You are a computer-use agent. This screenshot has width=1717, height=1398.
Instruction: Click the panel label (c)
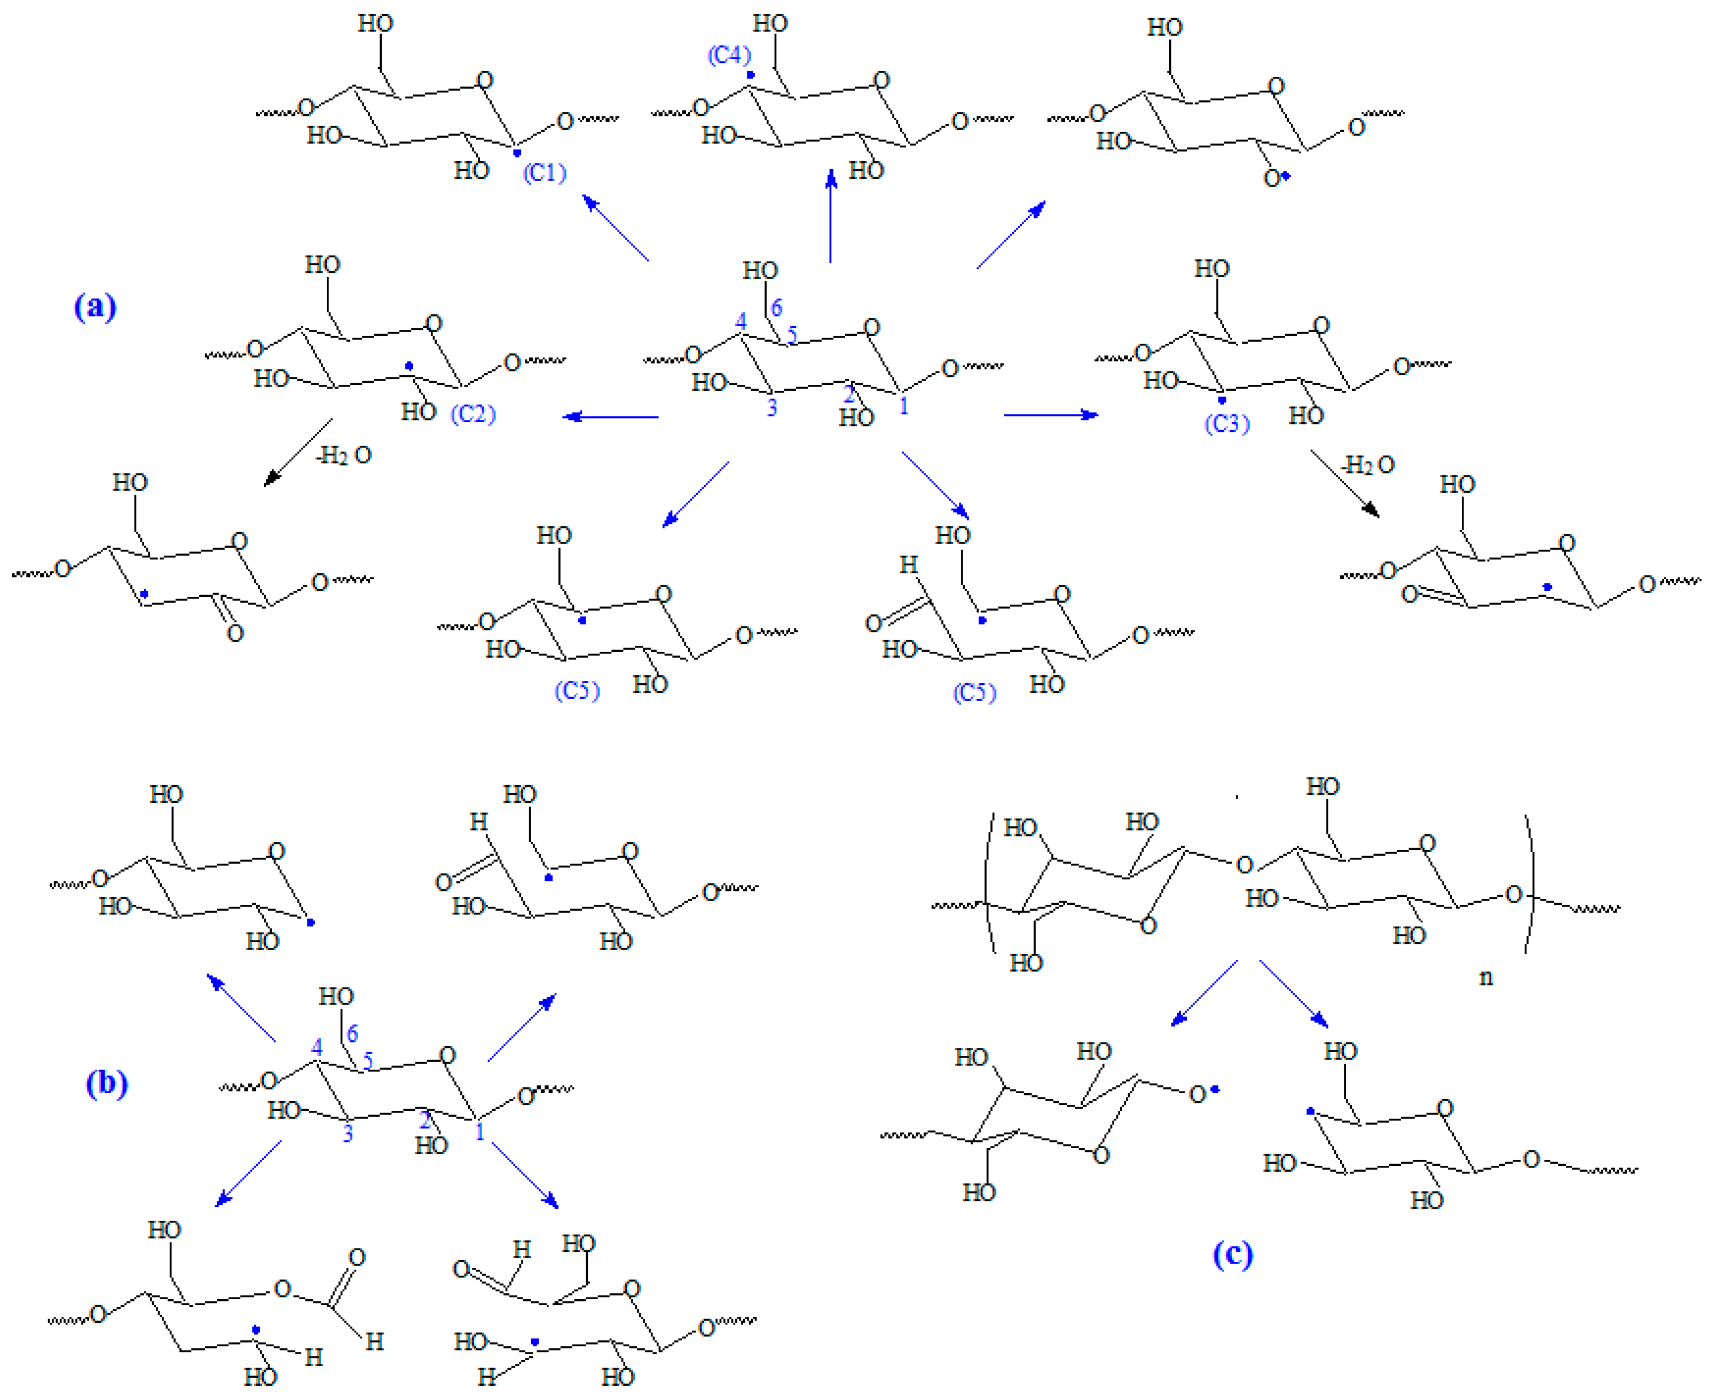coord(1232,1254)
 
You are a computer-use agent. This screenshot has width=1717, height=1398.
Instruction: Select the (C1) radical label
coord(545,172)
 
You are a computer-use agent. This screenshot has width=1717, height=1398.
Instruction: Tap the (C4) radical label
coord(729,55)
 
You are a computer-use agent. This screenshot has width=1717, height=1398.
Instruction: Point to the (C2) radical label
coord(472,414)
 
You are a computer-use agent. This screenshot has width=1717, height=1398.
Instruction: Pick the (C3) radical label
coord(1226,424)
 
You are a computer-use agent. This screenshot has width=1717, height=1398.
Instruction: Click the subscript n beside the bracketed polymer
coord(1486,977)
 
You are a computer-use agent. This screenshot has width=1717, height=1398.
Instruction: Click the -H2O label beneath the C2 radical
coord(344,456)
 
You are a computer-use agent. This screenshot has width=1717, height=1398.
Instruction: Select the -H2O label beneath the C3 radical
coord(1367,464)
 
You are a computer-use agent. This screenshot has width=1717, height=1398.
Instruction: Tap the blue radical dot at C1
coord(517,152)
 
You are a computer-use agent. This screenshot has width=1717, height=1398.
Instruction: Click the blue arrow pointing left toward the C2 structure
coord(610,417)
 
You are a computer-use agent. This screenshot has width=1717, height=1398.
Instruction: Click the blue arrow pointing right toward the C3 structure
coord(1051,415)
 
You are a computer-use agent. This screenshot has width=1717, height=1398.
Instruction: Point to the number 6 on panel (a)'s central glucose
coord(776,307)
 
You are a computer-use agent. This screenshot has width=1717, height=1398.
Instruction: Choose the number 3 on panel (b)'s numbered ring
coord(348,1134)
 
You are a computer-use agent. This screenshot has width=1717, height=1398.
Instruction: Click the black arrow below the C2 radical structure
coord(297,453)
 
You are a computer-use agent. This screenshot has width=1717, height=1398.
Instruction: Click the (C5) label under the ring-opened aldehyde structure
coord(974,692)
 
